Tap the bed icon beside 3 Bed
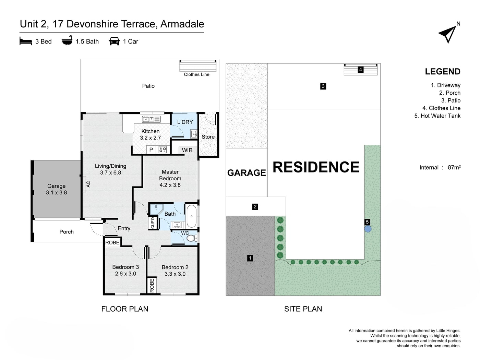tap(26, 41)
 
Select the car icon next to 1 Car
tap(114, 41)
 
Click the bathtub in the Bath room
tap(191, 216)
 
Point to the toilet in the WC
tap(191, 238)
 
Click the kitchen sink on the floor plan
tap(151, 119)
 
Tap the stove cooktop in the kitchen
tap(163, 150)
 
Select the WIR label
tap(187, 150)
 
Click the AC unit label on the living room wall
tap(88, 184)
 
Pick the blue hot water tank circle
tap(368, 229)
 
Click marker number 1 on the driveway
tap(250, 258)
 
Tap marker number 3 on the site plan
tap(323, 86)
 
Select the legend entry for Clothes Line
tap(441, 108)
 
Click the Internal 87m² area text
tap(440, 167)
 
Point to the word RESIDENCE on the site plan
tap(316, 167)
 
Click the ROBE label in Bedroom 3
tap(112, 242)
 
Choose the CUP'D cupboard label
tap(153, 223)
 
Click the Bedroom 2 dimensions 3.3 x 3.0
tap(175, 274)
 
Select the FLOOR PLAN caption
tap(125, 309)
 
